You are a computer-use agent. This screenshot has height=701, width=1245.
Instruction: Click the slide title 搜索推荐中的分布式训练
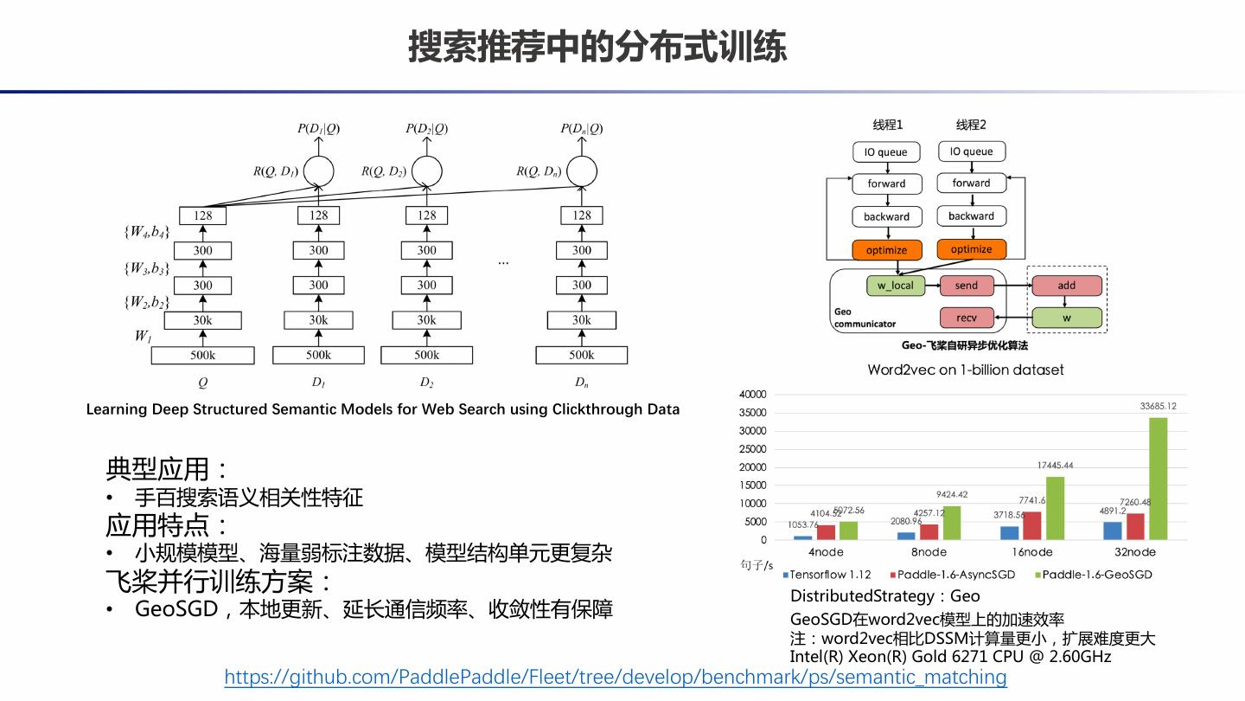tap(597, 47)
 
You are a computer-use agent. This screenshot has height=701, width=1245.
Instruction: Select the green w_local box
tap(895, 286)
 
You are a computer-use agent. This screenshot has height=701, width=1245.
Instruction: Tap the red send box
tap(966, 286)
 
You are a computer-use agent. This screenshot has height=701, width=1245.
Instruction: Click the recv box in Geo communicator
tap(966, 318)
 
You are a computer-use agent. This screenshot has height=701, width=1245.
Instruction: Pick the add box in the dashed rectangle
tap(1066, 286)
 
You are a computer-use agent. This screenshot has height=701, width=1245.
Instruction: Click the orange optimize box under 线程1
tap(886, 250)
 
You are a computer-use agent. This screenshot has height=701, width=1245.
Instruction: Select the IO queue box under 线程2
tap(971, 151)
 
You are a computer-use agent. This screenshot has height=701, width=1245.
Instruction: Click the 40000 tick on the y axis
tap(752, 395)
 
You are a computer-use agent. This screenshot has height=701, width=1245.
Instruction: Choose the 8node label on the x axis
tap(929, 552)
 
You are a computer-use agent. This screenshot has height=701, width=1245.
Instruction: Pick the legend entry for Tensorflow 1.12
tap(828, 575)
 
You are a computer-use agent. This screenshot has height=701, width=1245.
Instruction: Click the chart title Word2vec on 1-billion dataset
tap(965, 370)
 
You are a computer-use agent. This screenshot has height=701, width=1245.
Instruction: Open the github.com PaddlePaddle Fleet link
tap(616, 677)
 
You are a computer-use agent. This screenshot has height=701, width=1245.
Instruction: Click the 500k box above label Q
tap(202, 355)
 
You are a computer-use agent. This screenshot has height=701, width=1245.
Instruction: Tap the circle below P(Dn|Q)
tap(582, 170)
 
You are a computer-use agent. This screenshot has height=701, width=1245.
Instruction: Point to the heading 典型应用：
tap(168, 469)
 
